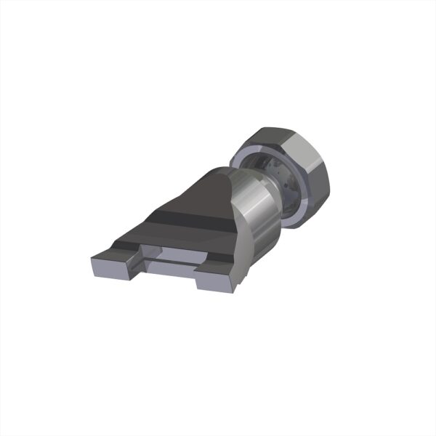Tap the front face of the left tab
[x=109, y=270]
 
